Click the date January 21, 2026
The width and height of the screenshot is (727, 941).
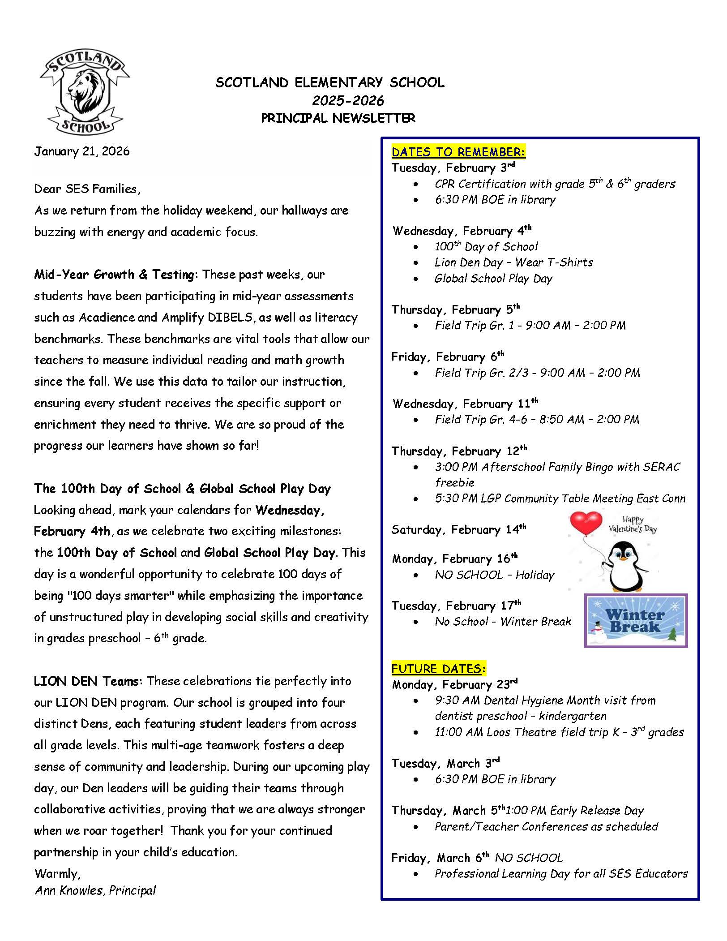82,151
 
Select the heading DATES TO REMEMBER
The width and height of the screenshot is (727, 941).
458,152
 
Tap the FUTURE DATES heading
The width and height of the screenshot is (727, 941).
438,669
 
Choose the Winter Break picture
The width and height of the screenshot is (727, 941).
636,621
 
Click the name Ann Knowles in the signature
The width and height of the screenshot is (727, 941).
70,890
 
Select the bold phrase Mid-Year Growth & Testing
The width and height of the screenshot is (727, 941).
115,275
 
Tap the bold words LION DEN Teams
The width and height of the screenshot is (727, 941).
86,681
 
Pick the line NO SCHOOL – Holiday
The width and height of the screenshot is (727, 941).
494,575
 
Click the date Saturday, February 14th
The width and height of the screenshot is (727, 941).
459,530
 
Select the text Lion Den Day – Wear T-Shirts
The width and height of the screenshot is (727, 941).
513,262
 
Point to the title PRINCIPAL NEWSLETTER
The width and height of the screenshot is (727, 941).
338,118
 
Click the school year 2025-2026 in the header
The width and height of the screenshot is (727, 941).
348,100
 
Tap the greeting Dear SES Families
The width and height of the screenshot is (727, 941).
87,189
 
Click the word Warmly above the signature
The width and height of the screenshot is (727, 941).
57,873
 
